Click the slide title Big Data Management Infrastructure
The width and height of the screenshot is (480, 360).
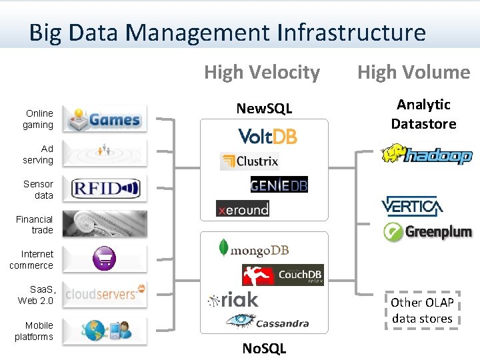227,32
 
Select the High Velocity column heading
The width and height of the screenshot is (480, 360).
262,72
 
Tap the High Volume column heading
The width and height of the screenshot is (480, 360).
413,72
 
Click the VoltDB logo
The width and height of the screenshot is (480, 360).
267,136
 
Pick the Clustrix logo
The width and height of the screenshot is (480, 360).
249,161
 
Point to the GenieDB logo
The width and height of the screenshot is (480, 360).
279,185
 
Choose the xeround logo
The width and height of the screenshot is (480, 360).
243,209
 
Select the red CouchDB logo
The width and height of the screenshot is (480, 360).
282,275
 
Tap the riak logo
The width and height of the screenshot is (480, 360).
233,300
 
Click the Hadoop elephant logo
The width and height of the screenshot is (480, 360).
426,155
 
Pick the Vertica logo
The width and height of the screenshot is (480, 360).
412,206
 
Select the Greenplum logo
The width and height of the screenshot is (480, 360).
427,232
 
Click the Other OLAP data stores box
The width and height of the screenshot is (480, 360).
422,310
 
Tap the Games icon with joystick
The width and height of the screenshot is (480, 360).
105,119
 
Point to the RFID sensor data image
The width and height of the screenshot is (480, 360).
105,189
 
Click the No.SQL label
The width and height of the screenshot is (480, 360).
264,348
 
